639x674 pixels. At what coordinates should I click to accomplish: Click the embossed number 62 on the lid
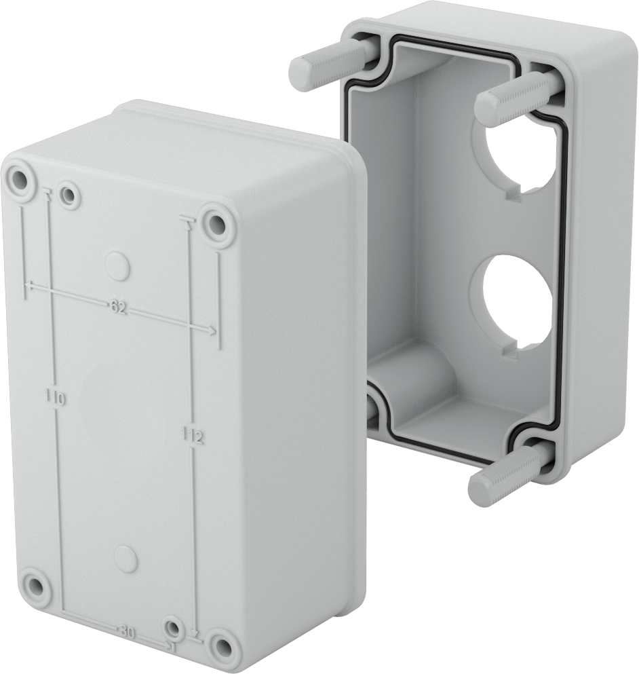(118, 307)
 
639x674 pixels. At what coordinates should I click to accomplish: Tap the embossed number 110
(56, 397)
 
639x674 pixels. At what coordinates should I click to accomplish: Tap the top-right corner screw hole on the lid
(218, 223)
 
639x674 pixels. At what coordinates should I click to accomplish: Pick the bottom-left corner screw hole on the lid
(33, 585)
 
